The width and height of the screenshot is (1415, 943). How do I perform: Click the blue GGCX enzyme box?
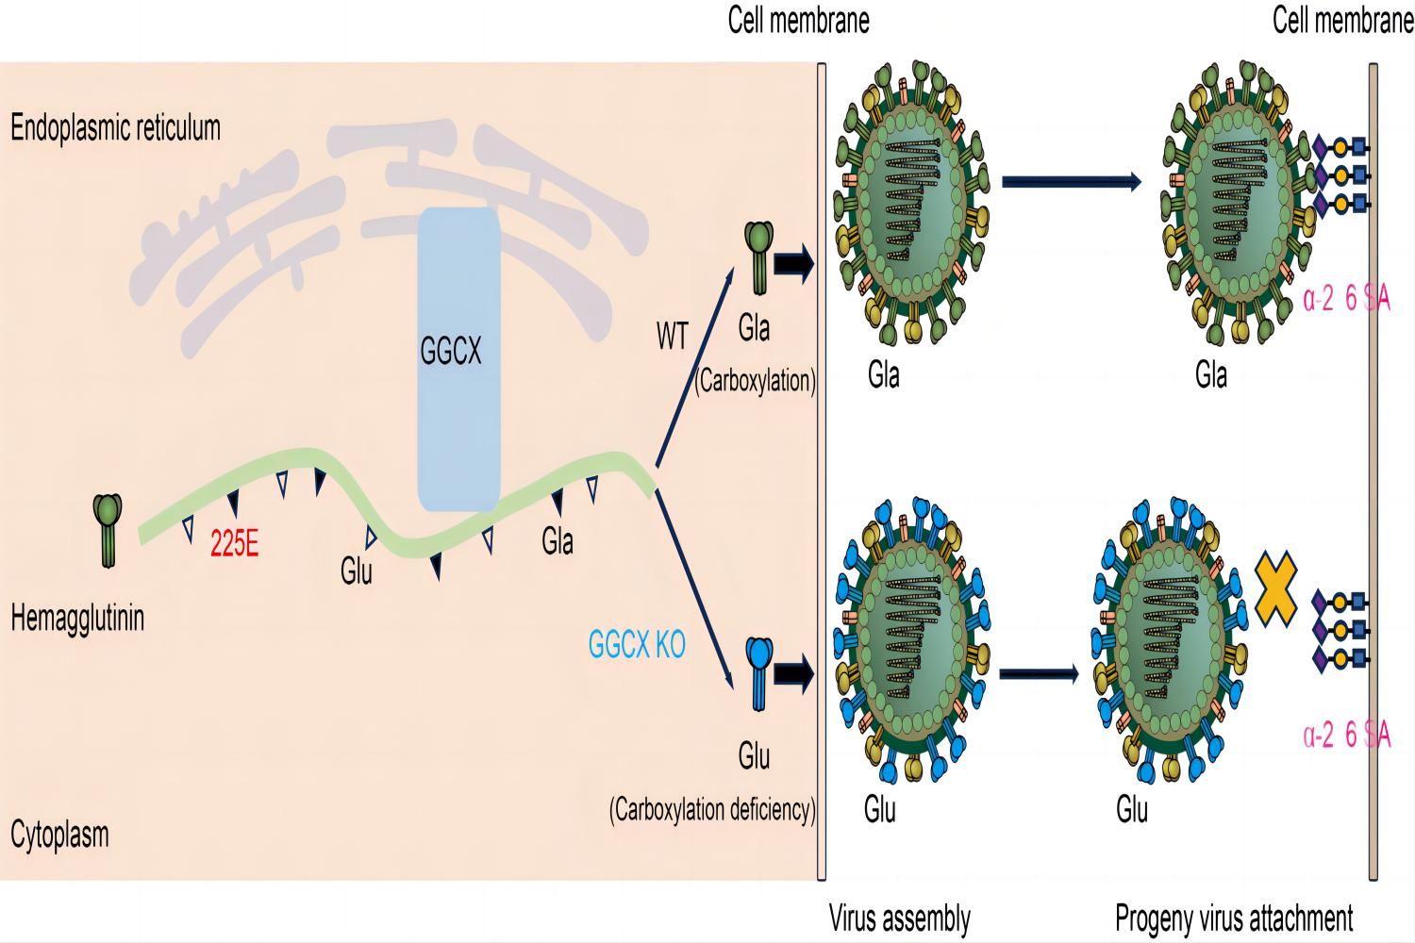pos(458,358)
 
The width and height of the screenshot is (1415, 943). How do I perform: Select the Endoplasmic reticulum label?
pos(115,128)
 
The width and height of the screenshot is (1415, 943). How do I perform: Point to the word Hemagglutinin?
pos(77,619)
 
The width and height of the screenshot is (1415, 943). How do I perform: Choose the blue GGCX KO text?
pos(637,645)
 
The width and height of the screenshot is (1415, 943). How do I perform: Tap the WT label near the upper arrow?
pos(673,337)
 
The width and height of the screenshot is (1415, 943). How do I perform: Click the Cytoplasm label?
pos(59,835)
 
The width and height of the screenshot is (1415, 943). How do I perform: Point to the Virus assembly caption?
pos(899,918)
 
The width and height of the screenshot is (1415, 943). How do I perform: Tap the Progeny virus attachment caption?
pos(1234,918)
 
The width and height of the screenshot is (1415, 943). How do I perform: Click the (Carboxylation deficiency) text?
pos(712,810)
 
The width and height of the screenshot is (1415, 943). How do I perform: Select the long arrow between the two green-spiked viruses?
pos(1071,181)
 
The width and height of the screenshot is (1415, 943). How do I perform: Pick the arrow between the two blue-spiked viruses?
pos(1038,673)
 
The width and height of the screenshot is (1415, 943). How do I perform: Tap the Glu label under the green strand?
pos(357,571)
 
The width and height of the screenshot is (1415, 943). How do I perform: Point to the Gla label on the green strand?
pos(558,541)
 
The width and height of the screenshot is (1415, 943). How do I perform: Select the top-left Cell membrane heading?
pos(798,21)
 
